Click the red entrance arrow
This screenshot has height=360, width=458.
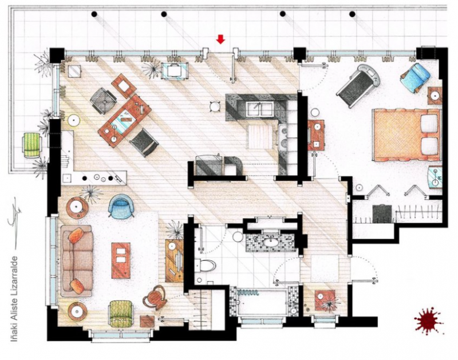click(220, 39)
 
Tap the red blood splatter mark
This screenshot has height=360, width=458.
click(428, 321)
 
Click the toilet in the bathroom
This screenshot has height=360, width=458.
click(206, 266)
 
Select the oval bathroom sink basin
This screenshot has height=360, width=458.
click(269, 242)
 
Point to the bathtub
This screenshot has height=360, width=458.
click(262, 303)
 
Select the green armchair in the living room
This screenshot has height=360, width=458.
click(120, 312)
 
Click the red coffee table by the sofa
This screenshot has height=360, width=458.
click(121, 260)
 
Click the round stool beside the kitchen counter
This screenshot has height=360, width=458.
click(215, 106)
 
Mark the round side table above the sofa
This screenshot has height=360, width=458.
click(76, 207)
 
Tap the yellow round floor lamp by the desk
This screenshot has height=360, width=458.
click(74, 120)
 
